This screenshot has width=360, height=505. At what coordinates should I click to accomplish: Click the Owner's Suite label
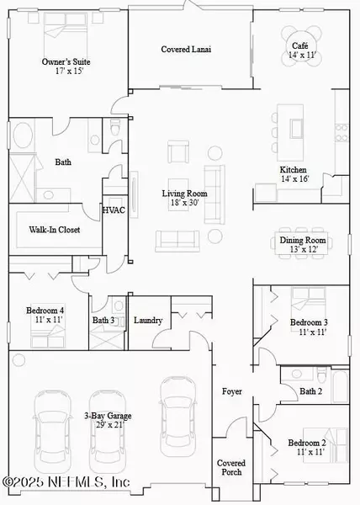pos(66,62)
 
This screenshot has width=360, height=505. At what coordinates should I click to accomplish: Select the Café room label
pos(300,45)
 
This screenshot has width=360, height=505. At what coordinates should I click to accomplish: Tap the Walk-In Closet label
pos(55,229)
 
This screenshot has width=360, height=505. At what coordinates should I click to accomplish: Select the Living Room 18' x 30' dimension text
pos(185,203)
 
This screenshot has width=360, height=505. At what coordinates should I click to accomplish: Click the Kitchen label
pos(294,169)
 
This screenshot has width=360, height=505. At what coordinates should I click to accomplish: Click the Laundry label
pos(148,320)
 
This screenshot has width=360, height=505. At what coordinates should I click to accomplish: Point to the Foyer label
pos(231,392)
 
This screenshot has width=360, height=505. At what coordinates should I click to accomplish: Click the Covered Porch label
pos(231,468)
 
